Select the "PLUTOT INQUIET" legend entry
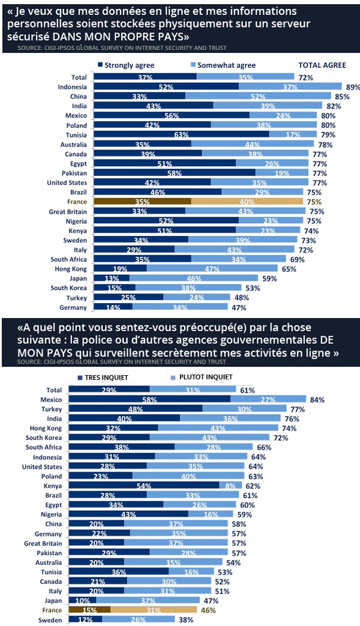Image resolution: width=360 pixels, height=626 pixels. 202,377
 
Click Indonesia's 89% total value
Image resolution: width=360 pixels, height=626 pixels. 353,87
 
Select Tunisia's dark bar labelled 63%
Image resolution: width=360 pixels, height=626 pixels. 180,135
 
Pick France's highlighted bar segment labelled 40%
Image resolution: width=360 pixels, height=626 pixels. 247,202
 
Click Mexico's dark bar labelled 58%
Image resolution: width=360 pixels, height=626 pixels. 150,399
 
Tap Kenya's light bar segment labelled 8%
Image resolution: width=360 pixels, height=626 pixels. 230,485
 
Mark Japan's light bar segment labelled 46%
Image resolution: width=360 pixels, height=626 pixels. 193,278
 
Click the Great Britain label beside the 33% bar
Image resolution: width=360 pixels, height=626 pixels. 68,211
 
